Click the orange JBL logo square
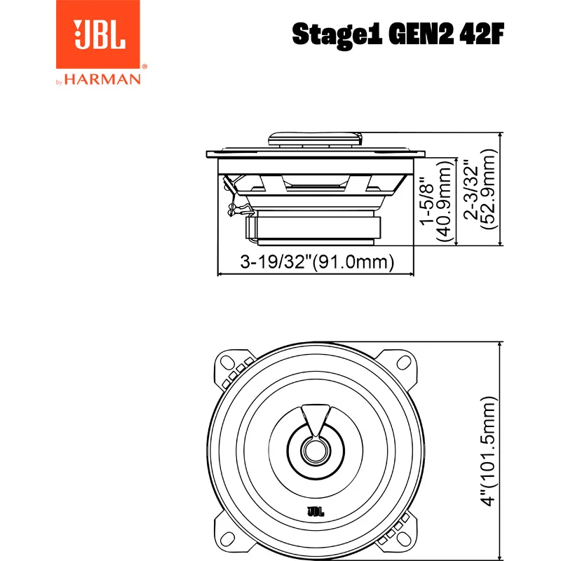[97, 34]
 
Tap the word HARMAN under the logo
[102, 79]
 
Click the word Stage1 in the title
[337, 34]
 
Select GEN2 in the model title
[421, 34]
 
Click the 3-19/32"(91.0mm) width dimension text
[317, 262]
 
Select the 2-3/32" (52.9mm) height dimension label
[480, 189]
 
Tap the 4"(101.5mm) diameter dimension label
[487, 451]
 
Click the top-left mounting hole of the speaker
[227, 363]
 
